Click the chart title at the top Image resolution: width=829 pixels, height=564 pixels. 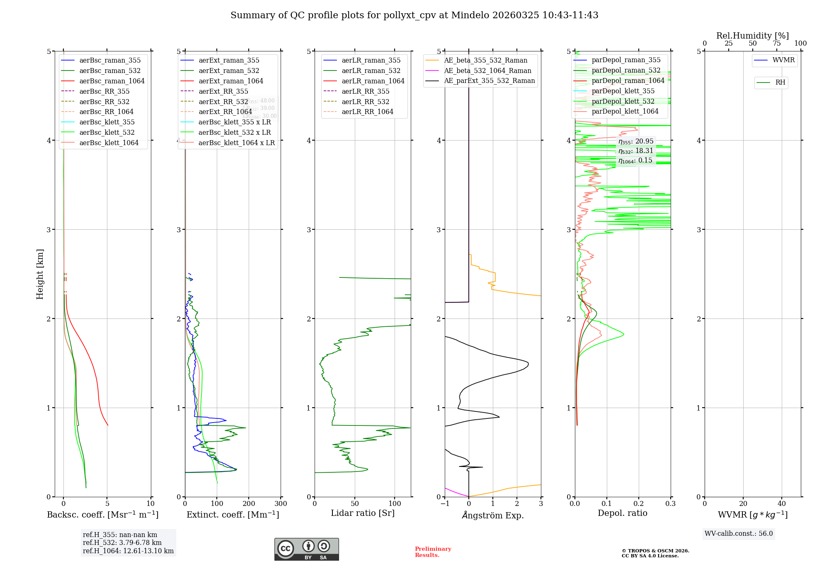(414, 15)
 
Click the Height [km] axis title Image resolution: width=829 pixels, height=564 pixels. (40, 274)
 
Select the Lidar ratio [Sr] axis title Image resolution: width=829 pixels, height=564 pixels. (363, 513)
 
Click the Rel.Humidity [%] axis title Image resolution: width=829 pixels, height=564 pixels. (752, 36)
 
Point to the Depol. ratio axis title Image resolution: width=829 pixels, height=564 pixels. (622, 513)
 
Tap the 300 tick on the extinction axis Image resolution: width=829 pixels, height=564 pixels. (281, 504)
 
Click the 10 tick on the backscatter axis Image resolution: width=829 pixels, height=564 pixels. (150, 504)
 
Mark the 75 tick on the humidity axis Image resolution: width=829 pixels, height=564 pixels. (777, 44)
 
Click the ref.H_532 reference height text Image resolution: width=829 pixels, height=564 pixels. (122, 542)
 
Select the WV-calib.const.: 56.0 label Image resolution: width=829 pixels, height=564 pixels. (739, 533)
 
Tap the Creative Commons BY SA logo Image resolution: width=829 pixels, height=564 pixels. (306, 549)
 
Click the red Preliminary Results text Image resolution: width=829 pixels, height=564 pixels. (433, 552)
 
